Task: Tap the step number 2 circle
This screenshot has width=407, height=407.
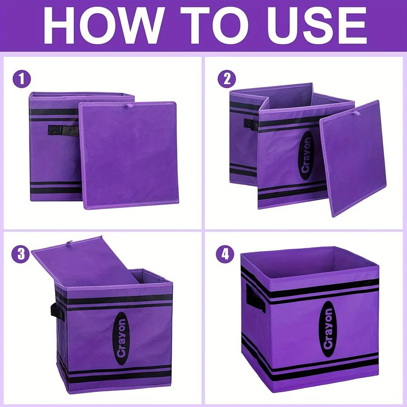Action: tap(227, 78)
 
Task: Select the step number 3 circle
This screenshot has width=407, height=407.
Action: tap(20, 254)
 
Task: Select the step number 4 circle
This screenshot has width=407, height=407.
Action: tap(225, 254)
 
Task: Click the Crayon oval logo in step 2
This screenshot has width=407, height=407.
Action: tap(306, 156)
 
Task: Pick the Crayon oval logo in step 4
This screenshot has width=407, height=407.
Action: tap(328, 329)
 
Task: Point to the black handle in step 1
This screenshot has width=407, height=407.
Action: tap(63, 130)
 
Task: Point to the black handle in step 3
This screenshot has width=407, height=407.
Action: tap(57, 312)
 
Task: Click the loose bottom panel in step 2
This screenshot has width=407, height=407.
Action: tap(353, 159)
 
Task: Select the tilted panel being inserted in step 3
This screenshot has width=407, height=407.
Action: tap(85, 261)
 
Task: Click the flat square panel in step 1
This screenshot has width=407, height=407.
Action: tap(128, 155)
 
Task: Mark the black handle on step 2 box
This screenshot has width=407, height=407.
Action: tap(251, 125)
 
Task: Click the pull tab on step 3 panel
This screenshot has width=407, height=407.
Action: tap(70, 243)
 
